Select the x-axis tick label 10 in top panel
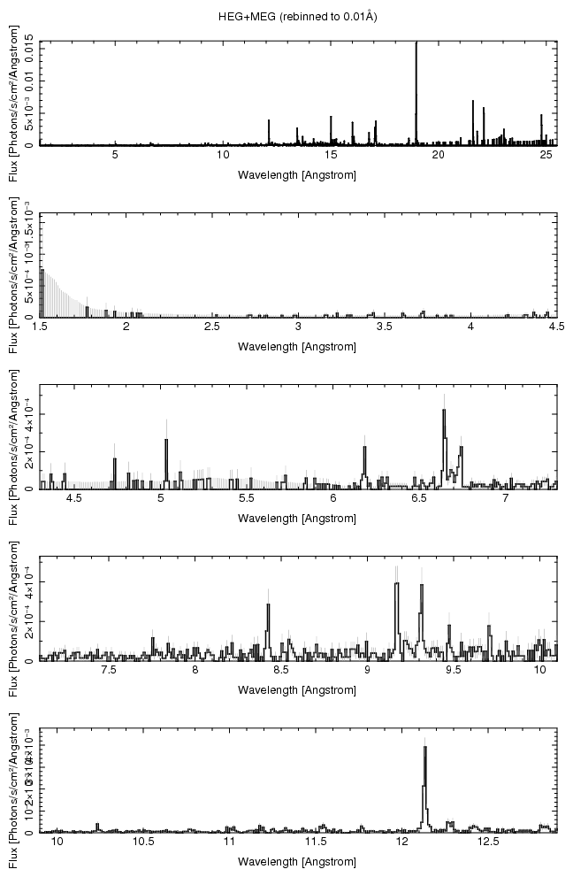point(223,156)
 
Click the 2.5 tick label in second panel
point(212,327)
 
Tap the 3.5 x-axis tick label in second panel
point(385,327)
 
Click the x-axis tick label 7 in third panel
point(505,499)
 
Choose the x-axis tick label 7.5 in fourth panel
point(109,671)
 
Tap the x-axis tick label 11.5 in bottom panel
point(316,842)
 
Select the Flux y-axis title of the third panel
point(12,437)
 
